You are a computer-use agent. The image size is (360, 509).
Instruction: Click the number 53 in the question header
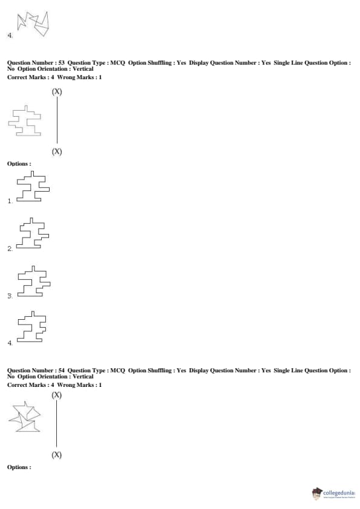point(61,63)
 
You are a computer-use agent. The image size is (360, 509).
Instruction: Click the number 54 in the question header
point(61,371)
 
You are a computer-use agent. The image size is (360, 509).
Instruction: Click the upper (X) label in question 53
point(57,91)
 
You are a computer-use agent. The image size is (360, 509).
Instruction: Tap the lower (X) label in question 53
point(57,152)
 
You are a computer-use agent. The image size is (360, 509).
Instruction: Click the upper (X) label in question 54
point(56,395)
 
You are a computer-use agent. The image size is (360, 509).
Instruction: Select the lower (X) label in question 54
point(56,455)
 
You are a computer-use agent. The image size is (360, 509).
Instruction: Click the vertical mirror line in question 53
point(57,120)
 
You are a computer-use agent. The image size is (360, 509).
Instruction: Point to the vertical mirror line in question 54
point(56,424)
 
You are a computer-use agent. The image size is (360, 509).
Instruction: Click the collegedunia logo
point(335,493)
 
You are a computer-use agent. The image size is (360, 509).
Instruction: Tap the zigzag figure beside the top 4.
point(33,24)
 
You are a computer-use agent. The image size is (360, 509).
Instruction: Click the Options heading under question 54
point(19,467)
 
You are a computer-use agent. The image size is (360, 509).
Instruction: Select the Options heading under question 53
point(19,164)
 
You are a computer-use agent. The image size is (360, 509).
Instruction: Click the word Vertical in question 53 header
point(83,69)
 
